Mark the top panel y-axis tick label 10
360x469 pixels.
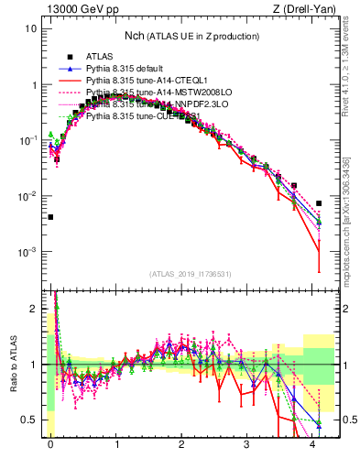[30, 28]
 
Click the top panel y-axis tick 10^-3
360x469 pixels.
[28, 252]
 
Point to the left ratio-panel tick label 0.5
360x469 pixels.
[29, 420]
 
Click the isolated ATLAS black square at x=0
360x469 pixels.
[50, 217]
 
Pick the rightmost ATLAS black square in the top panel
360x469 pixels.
[319, 203]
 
